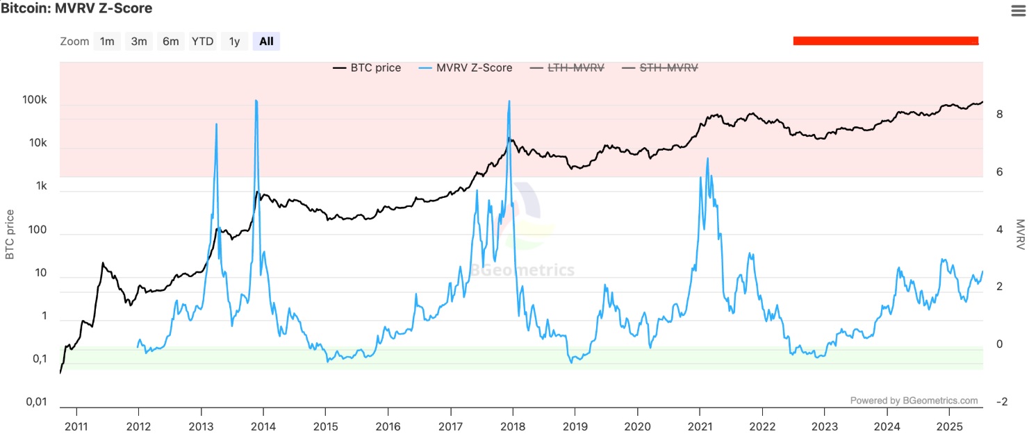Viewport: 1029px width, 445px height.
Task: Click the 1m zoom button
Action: point(107,41)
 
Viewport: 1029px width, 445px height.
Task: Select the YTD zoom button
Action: point(202,41)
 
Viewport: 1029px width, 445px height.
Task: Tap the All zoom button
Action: point(266,41)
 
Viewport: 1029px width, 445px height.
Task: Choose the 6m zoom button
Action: point(170,41)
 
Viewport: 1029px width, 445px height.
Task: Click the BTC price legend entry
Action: point(368,68)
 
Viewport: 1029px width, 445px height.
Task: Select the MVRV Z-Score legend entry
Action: point(466,68)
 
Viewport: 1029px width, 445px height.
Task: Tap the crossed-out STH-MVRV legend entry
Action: point(661,68)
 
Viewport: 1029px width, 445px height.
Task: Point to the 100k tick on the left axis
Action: point(35,100)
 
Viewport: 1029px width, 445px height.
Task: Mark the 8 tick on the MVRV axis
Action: point(999,115)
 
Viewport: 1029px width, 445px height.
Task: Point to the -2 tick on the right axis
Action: point(1002,402)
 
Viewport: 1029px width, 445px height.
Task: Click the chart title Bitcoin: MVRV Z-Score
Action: point(76,8)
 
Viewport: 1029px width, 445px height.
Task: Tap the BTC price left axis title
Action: point(10,234)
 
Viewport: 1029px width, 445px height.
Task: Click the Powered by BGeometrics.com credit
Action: point(914,401)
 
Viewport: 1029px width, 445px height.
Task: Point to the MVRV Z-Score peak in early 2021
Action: point(707,159)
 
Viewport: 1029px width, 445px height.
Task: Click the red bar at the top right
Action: point(885,41)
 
